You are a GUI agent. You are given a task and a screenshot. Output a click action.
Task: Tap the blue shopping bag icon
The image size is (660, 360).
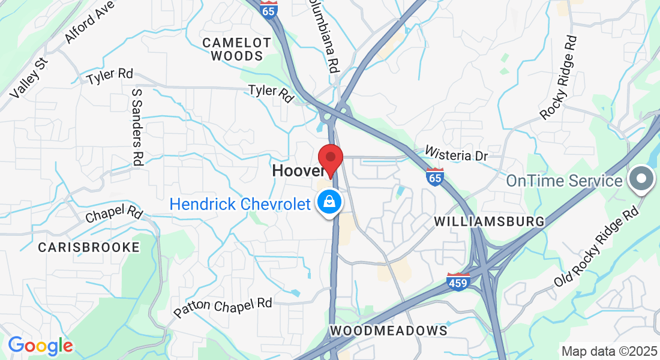click(329, 202)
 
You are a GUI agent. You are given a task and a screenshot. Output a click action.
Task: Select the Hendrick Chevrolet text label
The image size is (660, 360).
click(240, 204)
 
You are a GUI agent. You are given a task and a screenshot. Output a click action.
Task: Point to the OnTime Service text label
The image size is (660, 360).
click(564, 181)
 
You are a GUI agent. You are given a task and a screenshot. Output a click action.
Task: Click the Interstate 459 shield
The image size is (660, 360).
click(458, 281)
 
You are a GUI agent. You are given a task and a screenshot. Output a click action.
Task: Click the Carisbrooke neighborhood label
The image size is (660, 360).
click(89, 247)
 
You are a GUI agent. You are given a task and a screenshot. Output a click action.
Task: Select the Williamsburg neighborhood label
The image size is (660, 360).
click(489, 221)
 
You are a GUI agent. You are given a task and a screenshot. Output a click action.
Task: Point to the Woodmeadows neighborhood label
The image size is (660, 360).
click(389, 331)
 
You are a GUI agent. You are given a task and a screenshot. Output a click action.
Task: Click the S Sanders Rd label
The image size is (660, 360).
click(137, 127)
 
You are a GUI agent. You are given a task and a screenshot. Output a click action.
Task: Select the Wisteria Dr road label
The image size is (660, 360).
click(457, 155)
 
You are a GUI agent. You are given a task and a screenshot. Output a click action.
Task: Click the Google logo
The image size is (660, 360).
click(40, 346)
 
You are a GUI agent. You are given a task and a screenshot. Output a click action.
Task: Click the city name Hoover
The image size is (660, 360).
click(295, 170)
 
